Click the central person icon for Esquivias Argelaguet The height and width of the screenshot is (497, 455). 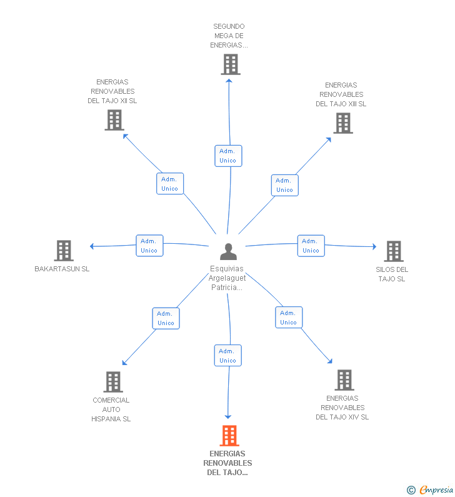[x=229, y=251]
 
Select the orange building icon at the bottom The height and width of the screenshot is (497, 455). [x=229, y=436]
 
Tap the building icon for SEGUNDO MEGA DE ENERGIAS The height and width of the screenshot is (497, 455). [x=231, y=64]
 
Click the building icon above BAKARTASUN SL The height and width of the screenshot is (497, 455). [x=64, y=251]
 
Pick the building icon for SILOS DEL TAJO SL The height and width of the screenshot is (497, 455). [x=393, y=251]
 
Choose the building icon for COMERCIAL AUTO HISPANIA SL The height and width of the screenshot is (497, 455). [x=112, y=381]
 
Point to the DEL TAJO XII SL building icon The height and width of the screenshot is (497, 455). [x=114, y=120]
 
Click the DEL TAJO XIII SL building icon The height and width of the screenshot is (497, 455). [x=342, y=123]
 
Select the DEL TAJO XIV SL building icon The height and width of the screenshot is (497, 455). [x=344, y=379]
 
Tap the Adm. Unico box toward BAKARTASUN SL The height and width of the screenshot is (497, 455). [x=149, y=246]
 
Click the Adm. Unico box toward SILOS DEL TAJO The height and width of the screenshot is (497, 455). [x=311, y=246]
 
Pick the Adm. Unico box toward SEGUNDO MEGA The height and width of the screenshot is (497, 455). [x=227, y=156]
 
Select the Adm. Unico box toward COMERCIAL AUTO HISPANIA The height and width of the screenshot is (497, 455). [x=166, y=318]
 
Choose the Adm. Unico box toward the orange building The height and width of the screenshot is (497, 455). [x=227, y=355]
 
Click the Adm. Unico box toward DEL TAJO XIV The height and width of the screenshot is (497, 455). [x=288, y=318]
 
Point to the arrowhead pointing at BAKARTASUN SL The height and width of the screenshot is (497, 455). [x=92, y=246]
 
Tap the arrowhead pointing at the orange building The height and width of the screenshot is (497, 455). [x=228, y=416]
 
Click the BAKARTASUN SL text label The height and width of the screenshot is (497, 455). [x=62, y=269]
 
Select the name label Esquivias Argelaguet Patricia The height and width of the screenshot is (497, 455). [x=227, y=278]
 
